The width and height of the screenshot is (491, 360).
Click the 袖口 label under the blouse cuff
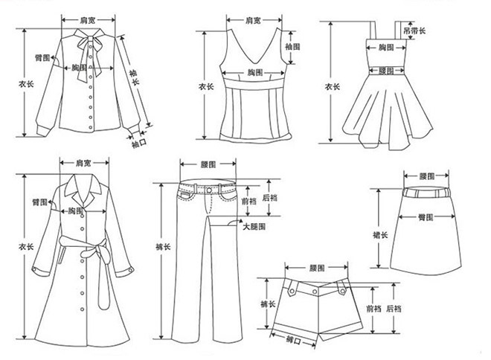pos(138,143)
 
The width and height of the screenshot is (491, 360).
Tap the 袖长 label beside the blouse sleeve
pos(134,77)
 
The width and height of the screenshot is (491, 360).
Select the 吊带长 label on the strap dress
pos(414,30)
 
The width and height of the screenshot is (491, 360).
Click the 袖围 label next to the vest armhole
pos(292,47)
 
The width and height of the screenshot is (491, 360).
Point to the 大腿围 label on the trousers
pos(254,226)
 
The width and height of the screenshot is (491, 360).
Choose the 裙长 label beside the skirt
pos(380,235)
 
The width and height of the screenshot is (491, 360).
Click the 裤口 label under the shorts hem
pos(293,340)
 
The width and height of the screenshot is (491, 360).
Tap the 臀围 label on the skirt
pos(426,217)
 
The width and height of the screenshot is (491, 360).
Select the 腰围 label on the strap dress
pos(386,71)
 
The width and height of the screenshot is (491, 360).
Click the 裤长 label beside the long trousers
pos(163,247)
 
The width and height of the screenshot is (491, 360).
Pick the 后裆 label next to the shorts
pos(394,309)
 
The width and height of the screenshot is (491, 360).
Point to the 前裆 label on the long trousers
pos(249,201)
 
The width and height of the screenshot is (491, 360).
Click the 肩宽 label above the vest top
pos(253,21)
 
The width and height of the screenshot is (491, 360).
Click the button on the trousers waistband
pos(209,190)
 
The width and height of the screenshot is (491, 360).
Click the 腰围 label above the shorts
pos(317,268)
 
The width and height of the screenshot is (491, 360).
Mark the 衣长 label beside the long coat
pos(26,247)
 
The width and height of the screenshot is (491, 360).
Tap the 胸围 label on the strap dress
pos(386,48)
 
